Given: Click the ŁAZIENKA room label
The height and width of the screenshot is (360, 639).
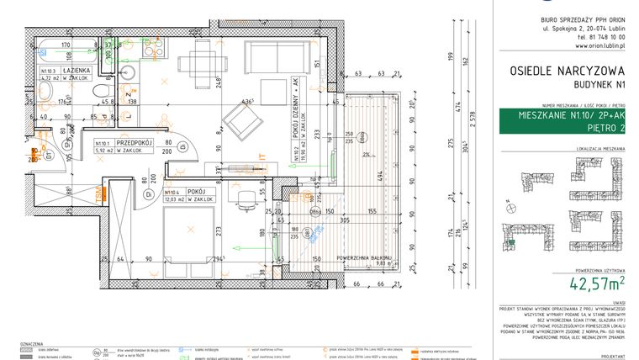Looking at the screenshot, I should (78, 72).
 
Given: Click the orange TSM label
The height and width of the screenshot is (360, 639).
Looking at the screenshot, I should (100, 195).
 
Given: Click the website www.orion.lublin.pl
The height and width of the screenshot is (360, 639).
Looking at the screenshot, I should (568, 47).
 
